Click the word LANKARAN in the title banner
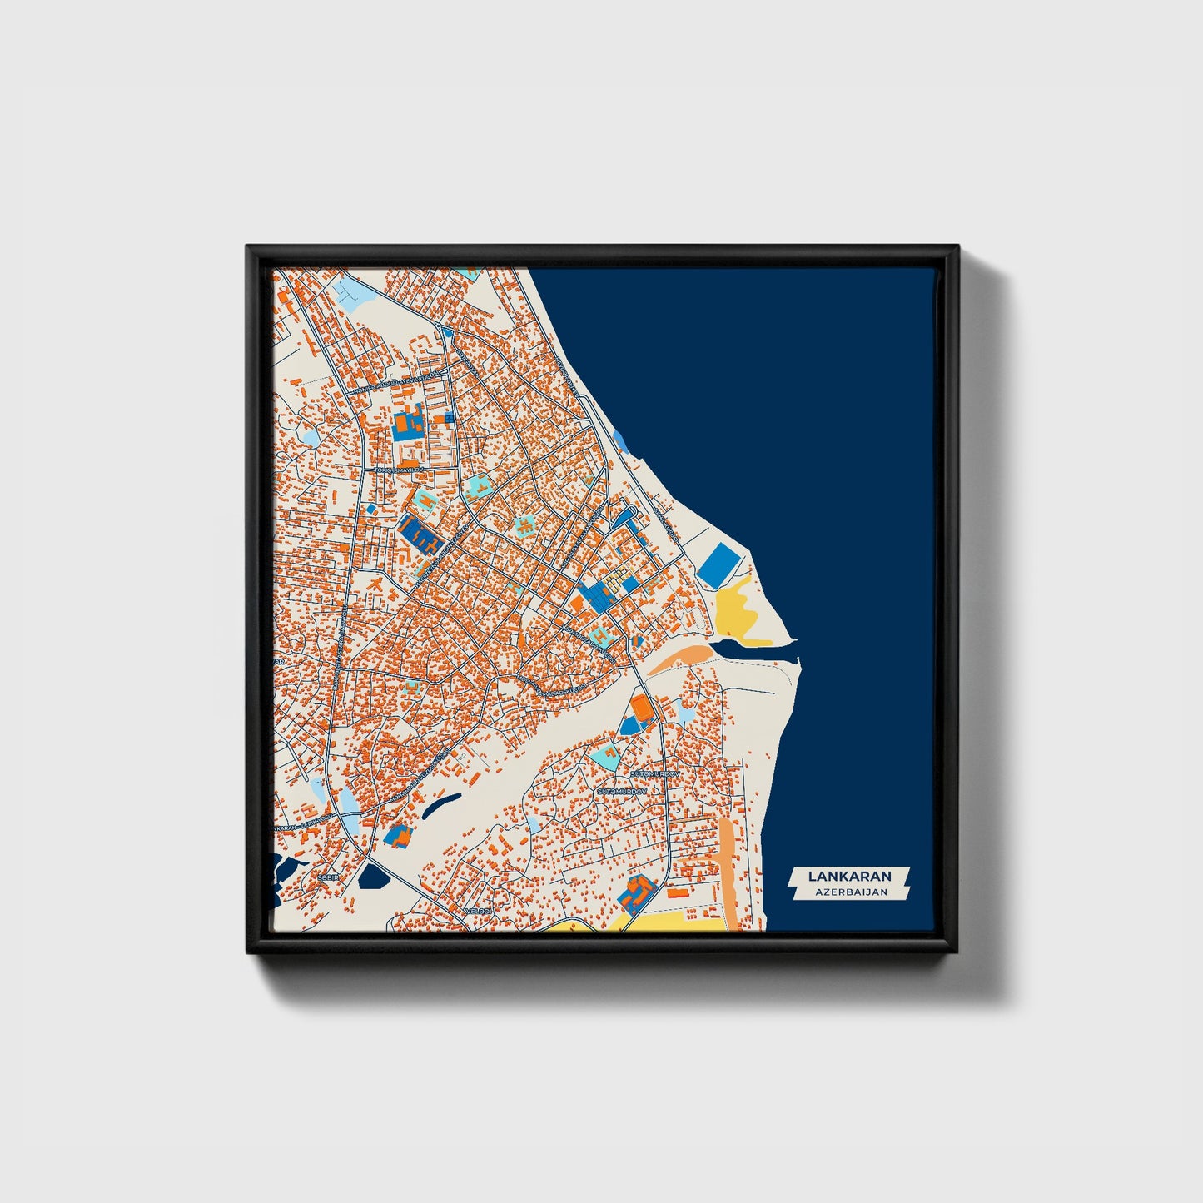pyautogui.click(x=848, y=876)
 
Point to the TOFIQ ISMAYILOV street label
pyautogui.click(x=398, y=470)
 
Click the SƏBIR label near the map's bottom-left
pyautogui.click(x=324, y=877)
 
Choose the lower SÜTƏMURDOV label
pyautogui.click(x=621, y=791)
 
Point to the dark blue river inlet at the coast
pyautogui.click(x=749, y=647)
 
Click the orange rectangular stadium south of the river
pyautogui.click(x=641, y=708)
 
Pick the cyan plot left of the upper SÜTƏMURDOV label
pyautogui.click(x=606, y=756)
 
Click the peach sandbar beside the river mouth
pyautogui.click(x=679, y=658)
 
